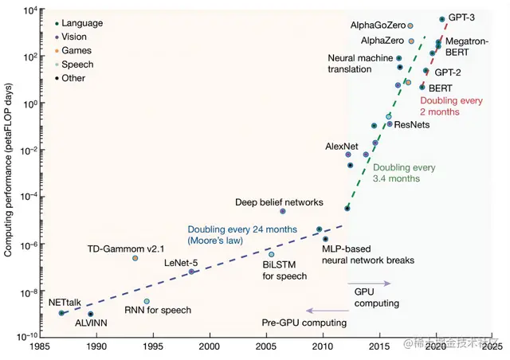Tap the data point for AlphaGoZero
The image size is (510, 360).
(410, 25)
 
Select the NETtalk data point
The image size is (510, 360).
(61, 313)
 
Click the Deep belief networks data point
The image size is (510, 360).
(283, 211)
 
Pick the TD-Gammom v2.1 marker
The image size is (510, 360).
(135, 258)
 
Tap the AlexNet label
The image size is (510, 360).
(343, 147)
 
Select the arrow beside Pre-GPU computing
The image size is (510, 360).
(320, 311)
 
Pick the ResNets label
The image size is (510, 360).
(413, 125)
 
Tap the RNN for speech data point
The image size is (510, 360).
(147, 302)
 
